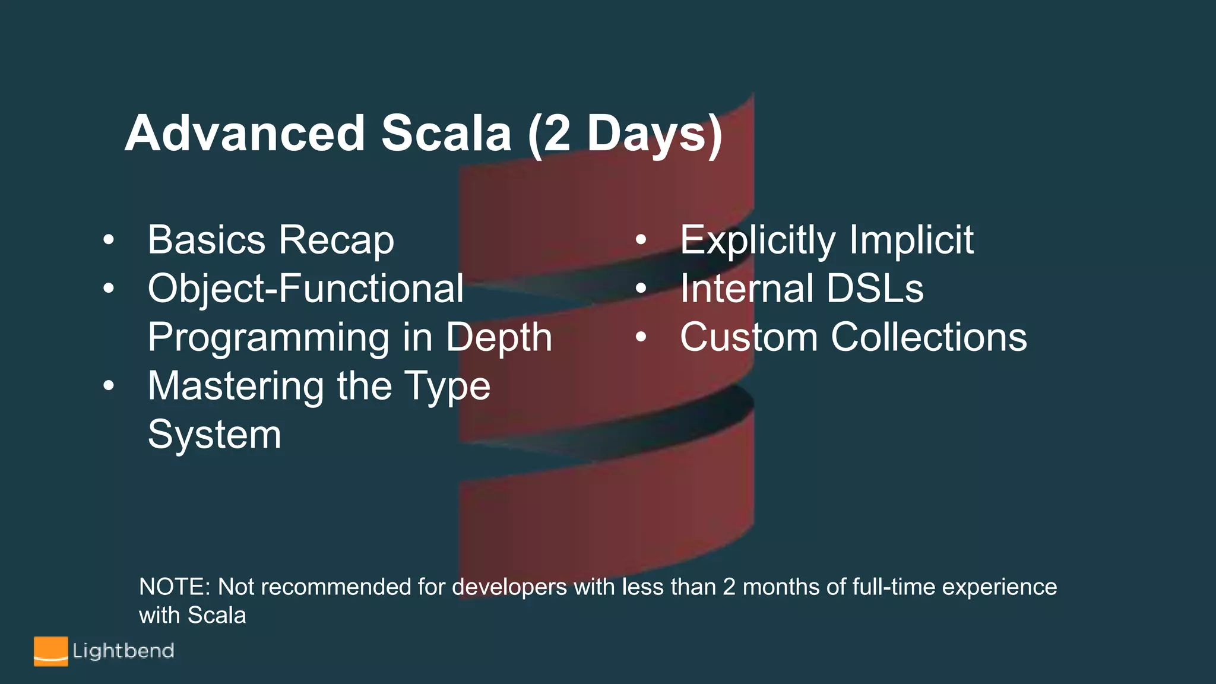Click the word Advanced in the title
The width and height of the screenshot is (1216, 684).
[245, 134]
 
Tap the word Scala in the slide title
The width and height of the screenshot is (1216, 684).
[446, 134]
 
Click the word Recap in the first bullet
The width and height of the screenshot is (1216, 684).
[336, 240]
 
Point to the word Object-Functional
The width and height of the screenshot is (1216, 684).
[305, 289]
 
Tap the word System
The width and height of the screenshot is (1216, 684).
[214, 435]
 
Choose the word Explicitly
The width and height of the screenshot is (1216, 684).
[758, 241]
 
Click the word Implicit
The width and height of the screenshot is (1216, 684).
[911, 241]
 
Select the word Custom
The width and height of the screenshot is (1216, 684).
[748, 337]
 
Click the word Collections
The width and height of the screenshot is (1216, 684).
[929, 337]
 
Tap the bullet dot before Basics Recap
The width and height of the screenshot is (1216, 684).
[108, 240]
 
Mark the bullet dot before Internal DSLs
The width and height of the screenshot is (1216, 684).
[641, 289]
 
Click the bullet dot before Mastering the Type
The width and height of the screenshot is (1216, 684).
[108, 387]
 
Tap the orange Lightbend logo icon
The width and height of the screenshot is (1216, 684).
[50, 651]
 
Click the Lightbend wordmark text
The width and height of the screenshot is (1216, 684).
[123, 651]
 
